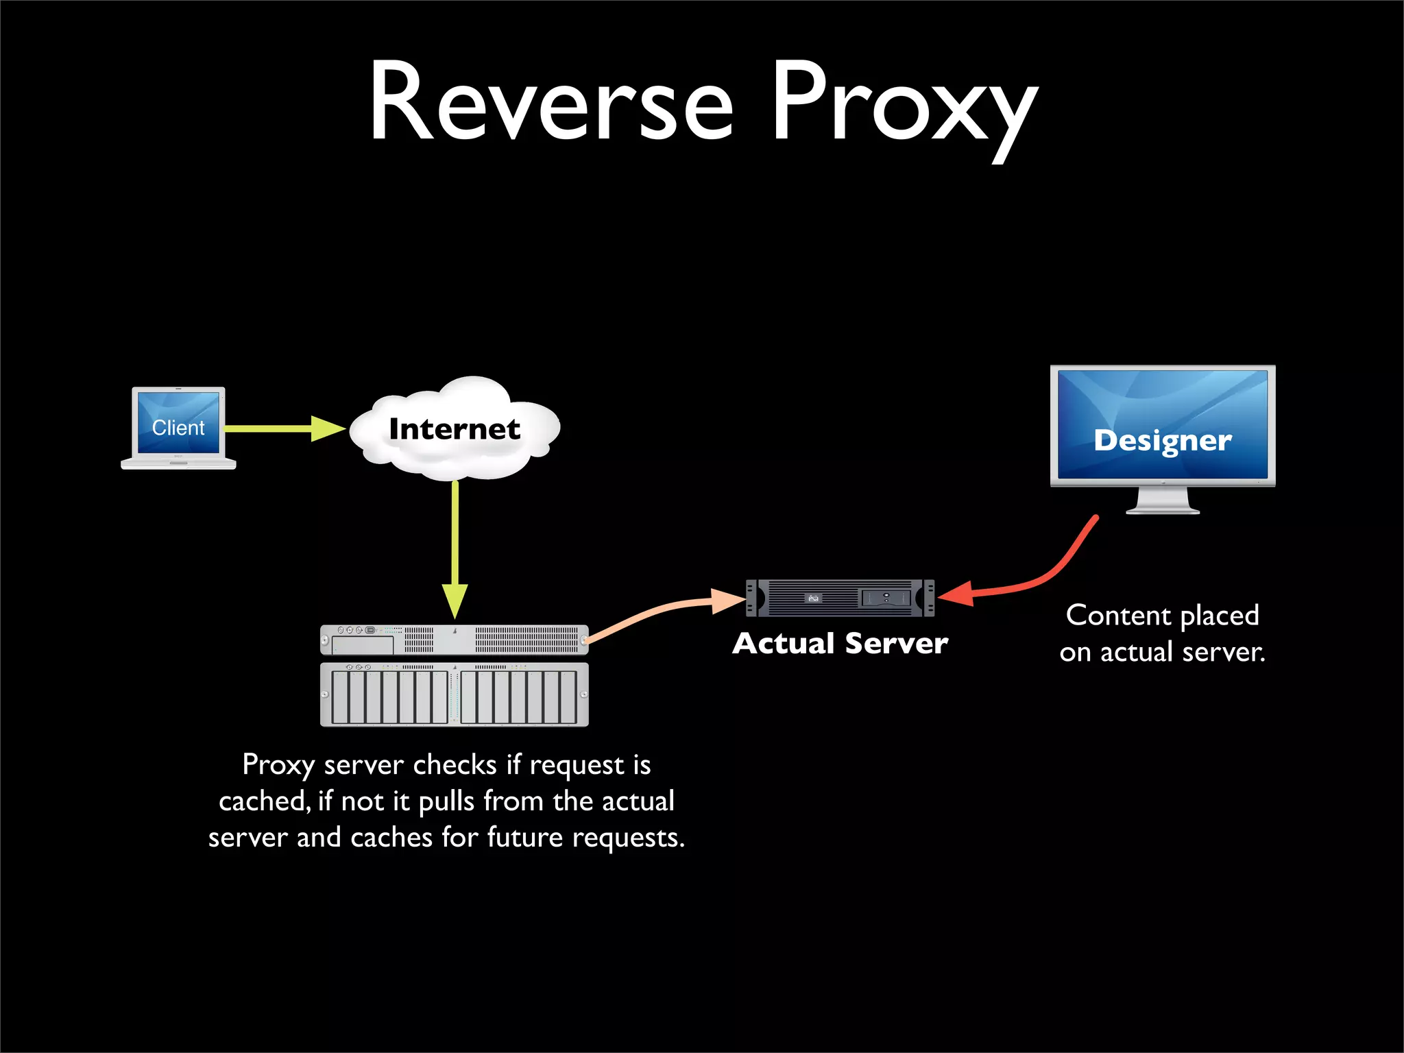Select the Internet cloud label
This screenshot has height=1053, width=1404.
click(x=455, y=429)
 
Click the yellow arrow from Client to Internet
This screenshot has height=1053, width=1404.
click(x=274, y=428)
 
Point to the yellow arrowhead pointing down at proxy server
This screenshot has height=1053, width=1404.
click(x=455, y=601)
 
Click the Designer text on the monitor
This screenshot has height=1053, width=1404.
click(x=1163, y=440)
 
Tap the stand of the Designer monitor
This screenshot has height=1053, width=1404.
click(x=1163, y=500)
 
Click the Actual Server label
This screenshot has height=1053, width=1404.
click(x=840, y=643)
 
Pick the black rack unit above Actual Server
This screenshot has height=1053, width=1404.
click(x=840, y=598)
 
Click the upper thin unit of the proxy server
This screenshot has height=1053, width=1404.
click(x=454, y=639)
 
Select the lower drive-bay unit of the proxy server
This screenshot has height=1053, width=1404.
click(x=454, y=694)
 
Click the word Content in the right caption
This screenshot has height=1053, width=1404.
click(x=1118, y=616)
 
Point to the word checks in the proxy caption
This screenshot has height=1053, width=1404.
click(x=455, y=764)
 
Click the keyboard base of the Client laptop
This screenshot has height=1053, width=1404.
click(x=178, y=464)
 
